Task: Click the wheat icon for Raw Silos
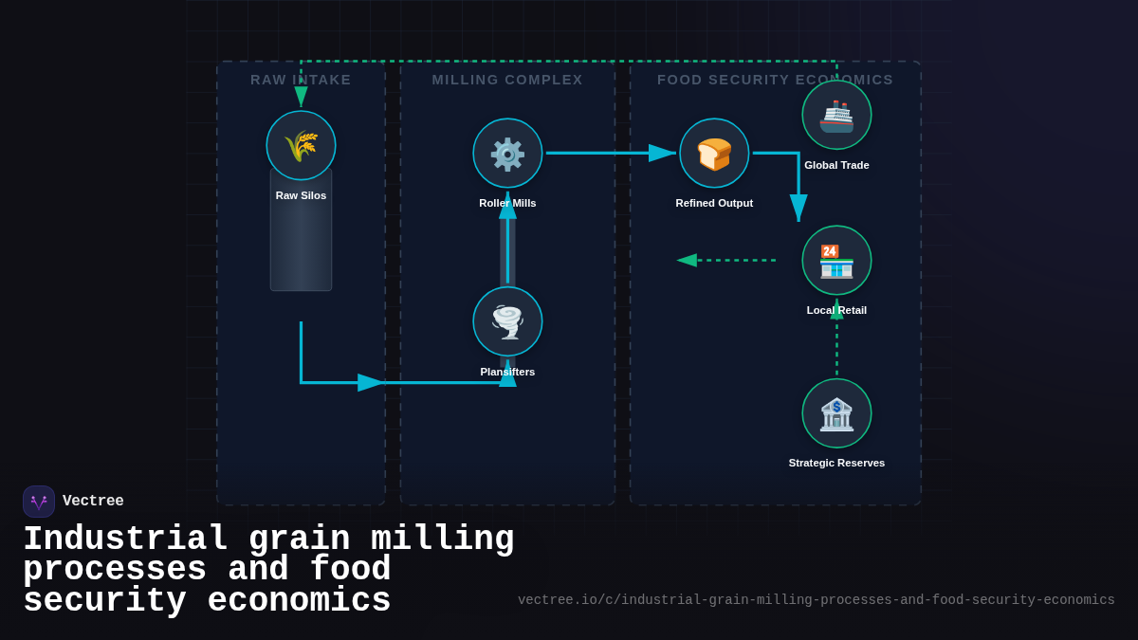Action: pos(301,145)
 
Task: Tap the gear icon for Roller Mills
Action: pos(507,153)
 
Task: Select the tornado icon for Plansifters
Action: pos(507,321)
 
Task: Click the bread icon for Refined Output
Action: pos(714,153)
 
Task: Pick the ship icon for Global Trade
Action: pos(836,115)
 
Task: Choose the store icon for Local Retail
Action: pos(836,260)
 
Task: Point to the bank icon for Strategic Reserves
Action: pos(836,413)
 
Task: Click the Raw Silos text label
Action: pos(301,195)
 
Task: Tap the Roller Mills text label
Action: pos(507,203)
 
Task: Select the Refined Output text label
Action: pos(714,203)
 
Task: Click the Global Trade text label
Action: pos(836,165)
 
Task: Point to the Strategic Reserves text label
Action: pos(836,463)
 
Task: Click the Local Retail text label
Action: pos(836,310)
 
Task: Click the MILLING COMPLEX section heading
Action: pos(507,80)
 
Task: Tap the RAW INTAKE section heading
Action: pos(301,80)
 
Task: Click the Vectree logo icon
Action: pos(39,502)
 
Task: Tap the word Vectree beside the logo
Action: pos(93,502)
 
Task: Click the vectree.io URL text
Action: pos(816,600)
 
